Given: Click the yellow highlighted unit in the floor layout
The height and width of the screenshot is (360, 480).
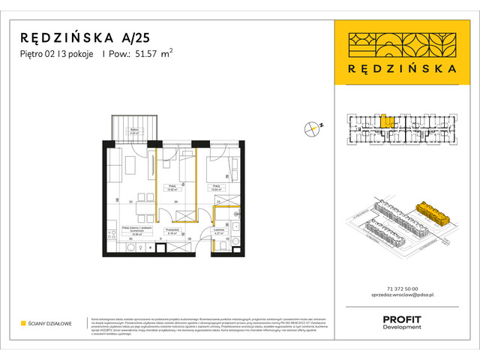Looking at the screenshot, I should click(385, 120).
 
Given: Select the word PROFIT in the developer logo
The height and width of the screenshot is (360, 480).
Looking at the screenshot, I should click(402, 319).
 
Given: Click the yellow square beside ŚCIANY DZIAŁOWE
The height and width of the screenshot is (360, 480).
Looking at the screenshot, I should click(23, 324).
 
